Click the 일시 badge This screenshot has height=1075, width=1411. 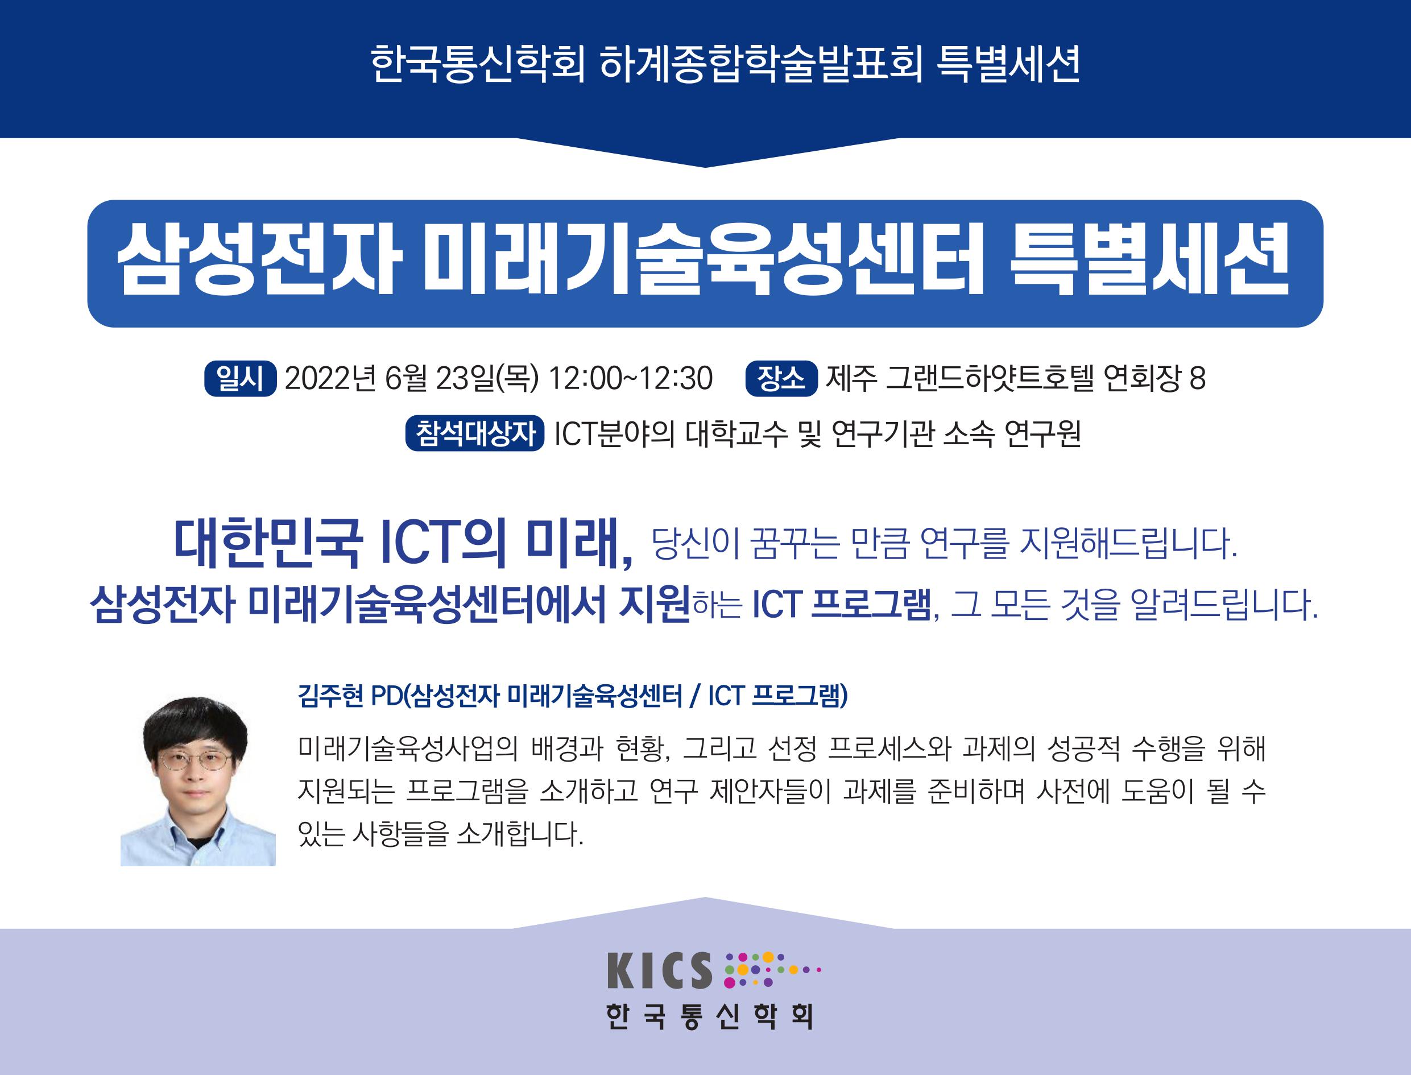pyautogui.click(x=240, y=379)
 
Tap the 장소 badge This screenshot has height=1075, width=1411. pyautogui.click(x=781, y=379)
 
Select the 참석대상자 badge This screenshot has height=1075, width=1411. pyautogui.click(x=475, y=433)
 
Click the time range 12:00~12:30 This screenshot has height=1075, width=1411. pyautogui.click(x=630, y=379)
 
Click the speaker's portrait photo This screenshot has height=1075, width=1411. pyautogui.click(x=198, y=780)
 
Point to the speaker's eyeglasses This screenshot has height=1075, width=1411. pyautogui.click(x=194, y=760)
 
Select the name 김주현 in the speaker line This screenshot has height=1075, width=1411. pyautogui.click(x=331, y=696)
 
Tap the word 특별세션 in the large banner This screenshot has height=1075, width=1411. pyautogui.click(x=1149, y=263)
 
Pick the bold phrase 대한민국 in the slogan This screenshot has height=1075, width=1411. pyautogui.click(x=267, y=543)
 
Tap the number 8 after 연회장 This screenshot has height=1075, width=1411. pyautogui.click(x=1198, y=379)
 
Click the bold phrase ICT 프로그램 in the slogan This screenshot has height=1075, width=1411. pyautogui.click(x=842, y=605)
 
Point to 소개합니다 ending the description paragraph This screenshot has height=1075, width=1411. pyautogui.click(x=520, y=834)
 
